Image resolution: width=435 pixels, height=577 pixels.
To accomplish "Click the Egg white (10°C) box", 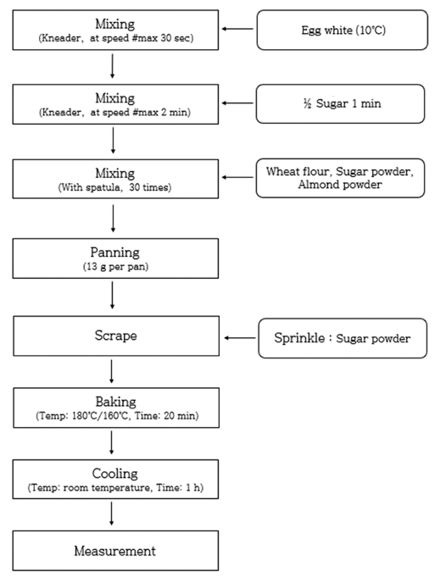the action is [343, 30].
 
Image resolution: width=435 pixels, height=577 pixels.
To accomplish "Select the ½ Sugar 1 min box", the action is [340, 103].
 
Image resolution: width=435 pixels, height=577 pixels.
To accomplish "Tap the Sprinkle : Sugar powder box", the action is [343, 338].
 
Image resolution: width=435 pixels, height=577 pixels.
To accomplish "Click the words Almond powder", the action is [339, 185].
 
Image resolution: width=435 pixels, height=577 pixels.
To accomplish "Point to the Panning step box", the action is [115, 258].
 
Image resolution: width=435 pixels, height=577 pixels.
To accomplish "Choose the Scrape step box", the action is [116, 336].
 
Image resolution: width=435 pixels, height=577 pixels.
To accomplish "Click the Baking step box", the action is [116, 408].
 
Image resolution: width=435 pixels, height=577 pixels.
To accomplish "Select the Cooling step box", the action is [115, 479].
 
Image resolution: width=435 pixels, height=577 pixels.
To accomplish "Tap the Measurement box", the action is [115, 551].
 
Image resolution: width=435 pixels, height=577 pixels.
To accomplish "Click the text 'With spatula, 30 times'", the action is [114, 187].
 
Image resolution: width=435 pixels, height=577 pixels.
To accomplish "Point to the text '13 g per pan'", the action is [115, 266].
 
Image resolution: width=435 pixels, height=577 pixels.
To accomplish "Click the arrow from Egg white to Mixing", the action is [237, 29].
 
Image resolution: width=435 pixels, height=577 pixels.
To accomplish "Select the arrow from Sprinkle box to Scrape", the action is [240, 338].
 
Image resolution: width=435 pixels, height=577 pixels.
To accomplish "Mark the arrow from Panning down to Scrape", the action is [112, 295].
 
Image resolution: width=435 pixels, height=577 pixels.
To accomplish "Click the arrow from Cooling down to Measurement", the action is [112, 513].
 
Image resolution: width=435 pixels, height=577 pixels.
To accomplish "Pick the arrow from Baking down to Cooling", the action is [112, 442].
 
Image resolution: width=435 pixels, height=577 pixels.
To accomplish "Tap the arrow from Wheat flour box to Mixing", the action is [237, 177].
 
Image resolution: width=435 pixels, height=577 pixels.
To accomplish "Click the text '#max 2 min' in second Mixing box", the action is [160, 112].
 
